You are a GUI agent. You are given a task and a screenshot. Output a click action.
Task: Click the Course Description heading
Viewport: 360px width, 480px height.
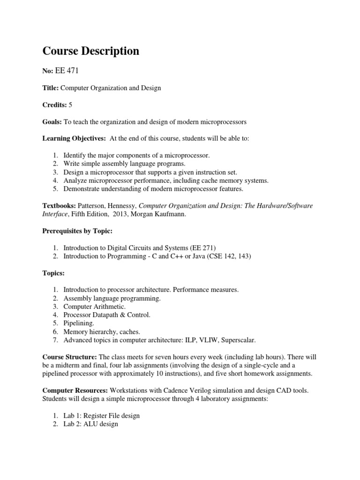[x=91, y=51]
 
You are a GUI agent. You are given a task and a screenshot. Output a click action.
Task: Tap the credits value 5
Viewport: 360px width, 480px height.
[x=71, y=105]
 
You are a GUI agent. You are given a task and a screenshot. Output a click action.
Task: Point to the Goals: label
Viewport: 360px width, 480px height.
[x=52, y=122]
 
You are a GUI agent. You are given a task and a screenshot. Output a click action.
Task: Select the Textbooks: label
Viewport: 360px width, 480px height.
[x=59, y=206]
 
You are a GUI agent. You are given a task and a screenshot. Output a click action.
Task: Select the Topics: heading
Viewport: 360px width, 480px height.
[x=53, y=273]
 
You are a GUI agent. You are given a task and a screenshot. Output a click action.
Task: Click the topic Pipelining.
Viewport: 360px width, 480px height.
[x=79, y=323]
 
